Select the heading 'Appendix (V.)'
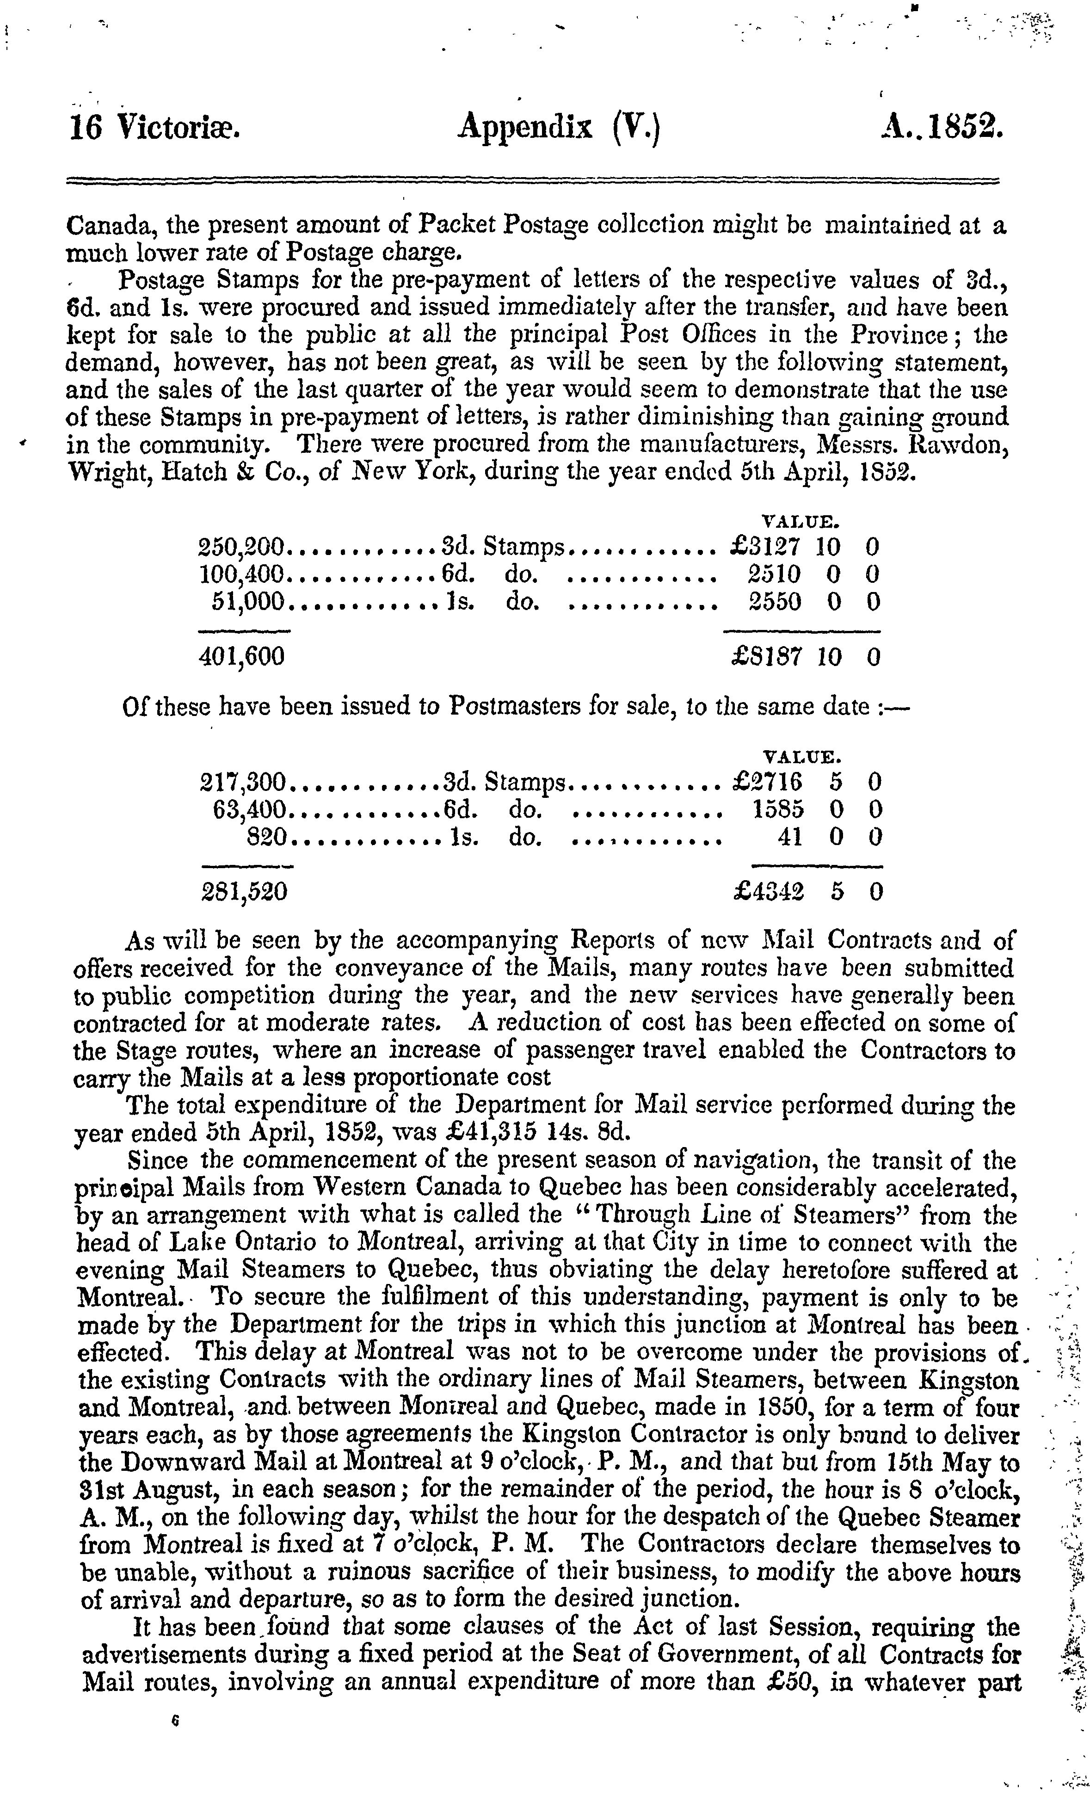[x=560, y=129]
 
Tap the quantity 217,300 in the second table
[x=242, y=782]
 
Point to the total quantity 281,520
[x=244, y=892]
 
